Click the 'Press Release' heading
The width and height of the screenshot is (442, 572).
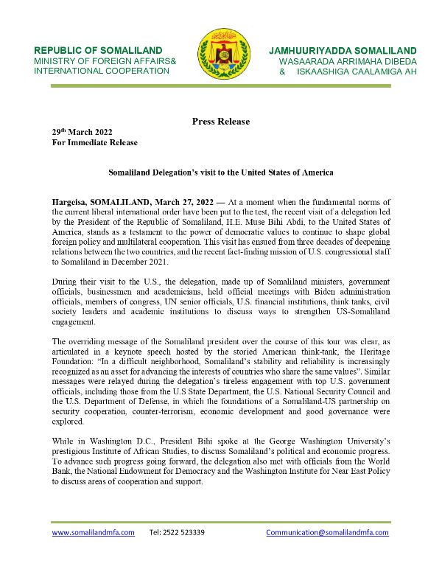tap(220, 122)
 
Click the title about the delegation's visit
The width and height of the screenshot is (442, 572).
tap(221, 172)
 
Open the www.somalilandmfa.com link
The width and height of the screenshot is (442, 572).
tap(93, 532)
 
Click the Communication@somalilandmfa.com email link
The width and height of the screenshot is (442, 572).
tap(327, 532)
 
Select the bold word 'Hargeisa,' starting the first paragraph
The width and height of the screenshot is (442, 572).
tap(70, 201)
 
